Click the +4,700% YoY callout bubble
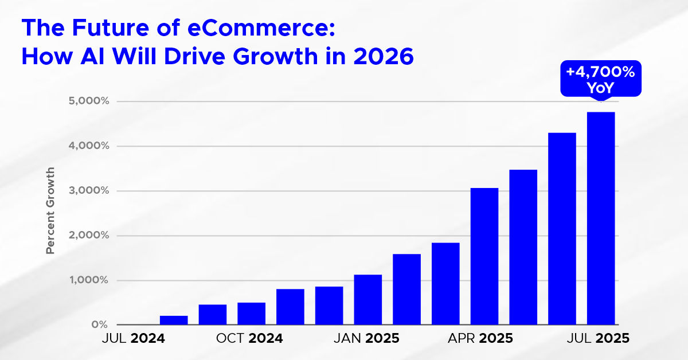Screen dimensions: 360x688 [600, 80]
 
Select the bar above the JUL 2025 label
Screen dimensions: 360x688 [601, 218]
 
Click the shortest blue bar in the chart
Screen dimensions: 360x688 [174, 320]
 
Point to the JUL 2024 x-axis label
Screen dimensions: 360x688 [134, 338]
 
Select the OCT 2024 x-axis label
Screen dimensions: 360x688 [249, 338]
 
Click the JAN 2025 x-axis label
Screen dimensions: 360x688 [366, 338]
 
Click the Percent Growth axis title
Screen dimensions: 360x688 [50, 211]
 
